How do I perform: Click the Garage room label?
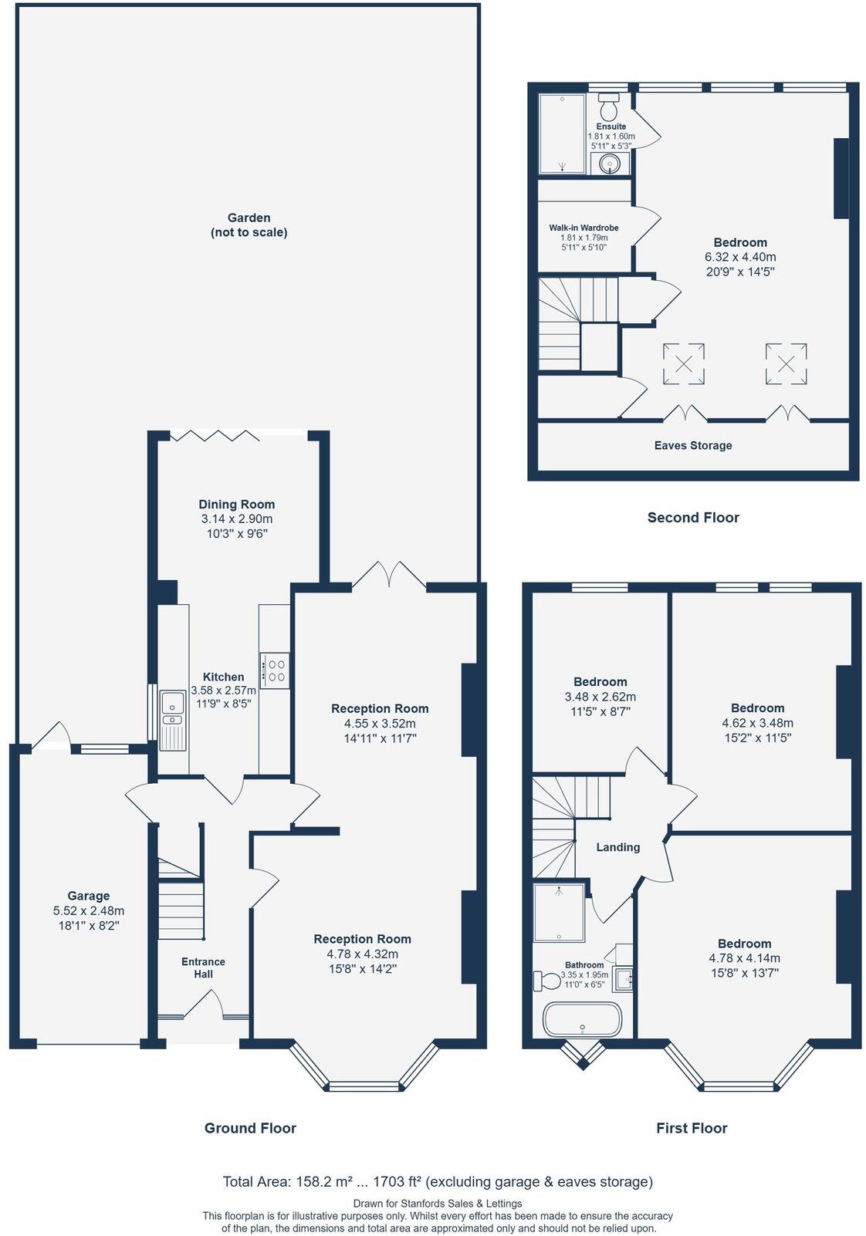pyautogui.click(x=88, y=896)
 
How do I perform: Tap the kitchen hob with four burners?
pyautogui.click(x=274, y=670)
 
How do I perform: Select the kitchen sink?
pyautogui.click(x=173, y=720)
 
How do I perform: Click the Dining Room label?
pyautogui.click(x=237, y=504)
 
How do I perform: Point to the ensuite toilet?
pyautogui.click(x=609, y=107)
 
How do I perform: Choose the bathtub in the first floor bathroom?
pyautogui.click(x=582, y=1018)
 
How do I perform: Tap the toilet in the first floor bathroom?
pyautogui.click(x=547, y=981)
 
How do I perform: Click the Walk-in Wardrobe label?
pyautogui.click(x=584, y=228)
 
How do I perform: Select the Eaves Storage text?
pyautogui.click(x=692, y=445)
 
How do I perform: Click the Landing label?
pyautogui.click(x=617, y=847)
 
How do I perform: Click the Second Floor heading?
pyautogui.click(x=692, y=517)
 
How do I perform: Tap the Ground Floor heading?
pyautogui.click(x=250, y=1128)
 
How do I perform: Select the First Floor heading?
pyautogui.click(x=692, y=1128)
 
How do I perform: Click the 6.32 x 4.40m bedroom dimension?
pyautogui.click(x=740, y=257)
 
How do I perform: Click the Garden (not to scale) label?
pyautogui.click(x=249, y=225)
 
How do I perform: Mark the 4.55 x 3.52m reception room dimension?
pyautogui.click(x=380, y=723)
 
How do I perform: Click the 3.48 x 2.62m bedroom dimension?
pyautogui.click(x=600, y=697)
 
